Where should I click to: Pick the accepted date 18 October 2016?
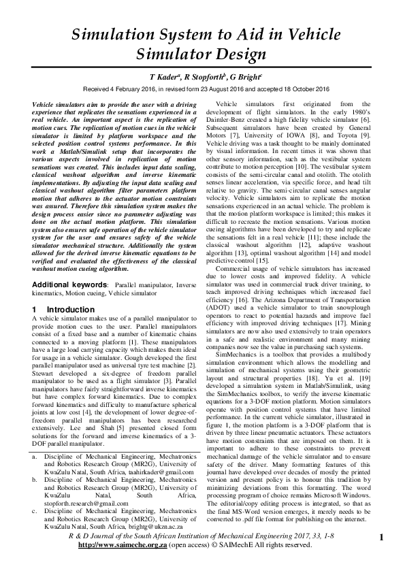308,88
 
